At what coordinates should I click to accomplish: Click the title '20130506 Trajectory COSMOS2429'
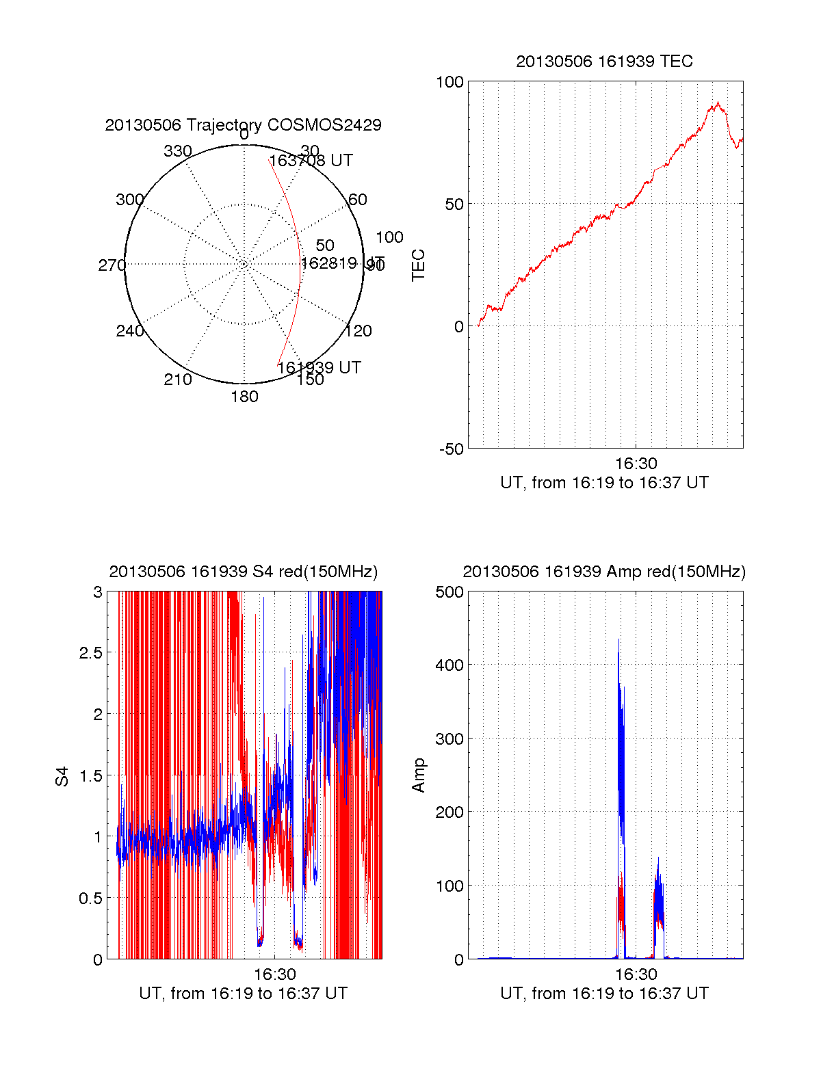coord(243,125)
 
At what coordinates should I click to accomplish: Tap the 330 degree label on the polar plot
coord(178,151)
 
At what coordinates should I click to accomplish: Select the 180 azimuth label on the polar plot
coord(244,397)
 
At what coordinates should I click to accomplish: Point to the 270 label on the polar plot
coord(112,265)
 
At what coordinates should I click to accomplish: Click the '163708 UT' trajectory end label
coord(311,161)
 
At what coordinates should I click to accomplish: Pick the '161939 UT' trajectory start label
coord(319,368)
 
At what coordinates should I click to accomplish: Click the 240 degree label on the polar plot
coord(130,331)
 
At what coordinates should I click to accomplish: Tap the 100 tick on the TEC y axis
coord(449,82)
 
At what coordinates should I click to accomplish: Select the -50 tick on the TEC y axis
coord(452,449)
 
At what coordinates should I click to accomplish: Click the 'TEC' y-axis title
coord(418,265)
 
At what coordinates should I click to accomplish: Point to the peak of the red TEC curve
coord(718,103)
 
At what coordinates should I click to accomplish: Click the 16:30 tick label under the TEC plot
coord(636,464)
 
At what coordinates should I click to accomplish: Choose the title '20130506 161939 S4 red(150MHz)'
coord(243,572)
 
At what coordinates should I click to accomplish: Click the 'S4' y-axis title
coord(62,776)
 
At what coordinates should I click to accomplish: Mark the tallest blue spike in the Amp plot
coord(618,640)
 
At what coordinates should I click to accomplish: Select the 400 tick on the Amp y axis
coord(449,665)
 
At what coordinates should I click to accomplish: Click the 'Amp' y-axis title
coord(418,775)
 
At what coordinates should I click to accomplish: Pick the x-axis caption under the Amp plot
coord(604,994)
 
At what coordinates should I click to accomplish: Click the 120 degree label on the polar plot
coord(359,331)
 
